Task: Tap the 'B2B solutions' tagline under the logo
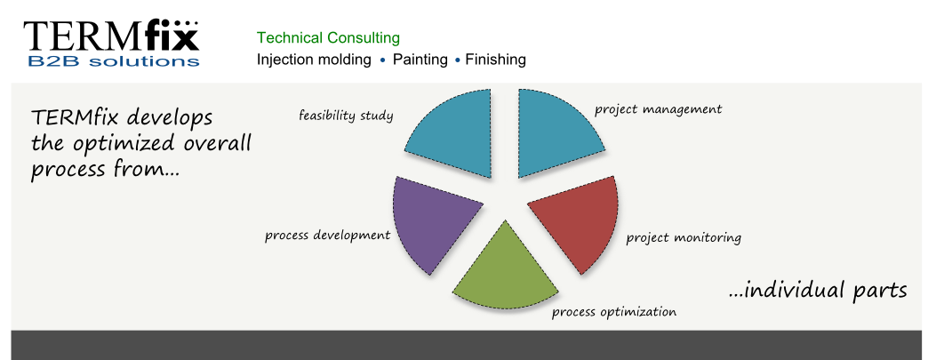click(113, 60)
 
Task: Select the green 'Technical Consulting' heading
click(328, 38)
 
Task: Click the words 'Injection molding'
click(314, 60)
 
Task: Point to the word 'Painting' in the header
click(420, 60)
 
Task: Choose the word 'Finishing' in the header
click(495, 60)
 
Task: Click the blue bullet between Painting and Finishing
click(457, 60)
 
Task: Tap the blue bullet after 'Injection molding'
click(382, 60)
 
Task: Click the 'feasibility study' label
click(346, 115)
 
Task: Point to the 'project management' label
click(658, 110)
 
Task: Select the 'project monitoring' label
click(684, 238)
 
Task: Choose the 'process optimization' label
click(613, 312)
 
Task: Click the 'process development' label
click(327, 235)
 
